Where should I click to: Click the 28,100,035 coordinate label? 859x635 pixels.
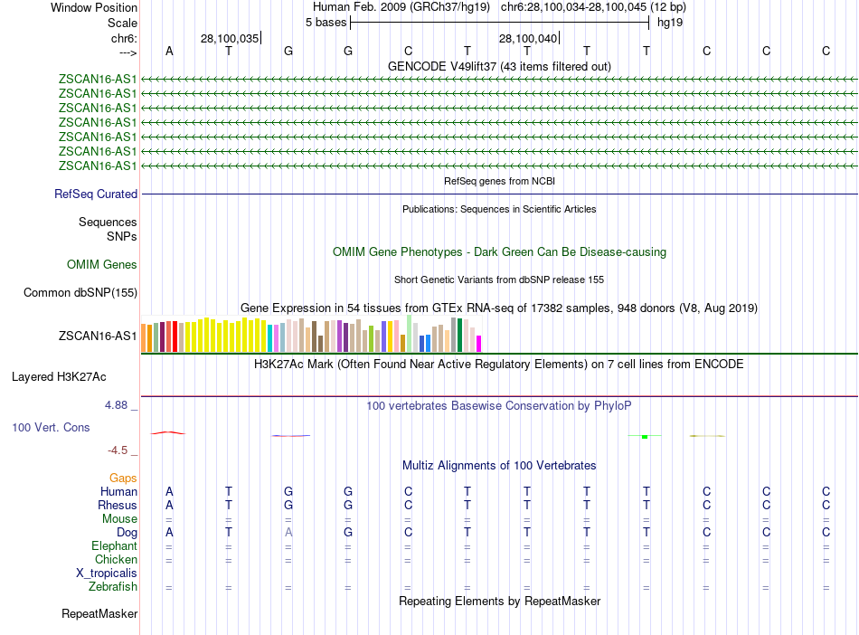point(230,38)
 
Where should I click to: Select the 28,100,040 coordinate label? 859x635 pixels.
point(528,38)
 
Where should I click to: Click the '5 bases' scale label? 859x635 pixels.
point(326,23)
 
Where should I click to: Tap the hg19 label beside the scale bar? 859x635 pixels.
point(670,23)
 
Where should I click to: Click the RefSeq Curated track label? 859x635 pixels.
point(96,194)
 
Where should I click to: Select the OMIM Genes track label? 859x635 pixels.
point(102,264)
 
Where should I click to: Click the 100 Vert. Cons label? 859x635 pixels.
point(51,427)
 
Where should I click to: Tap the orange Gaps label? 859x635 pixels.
point(123,478)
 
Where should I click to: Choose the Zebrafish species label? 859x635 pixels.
point(113,587)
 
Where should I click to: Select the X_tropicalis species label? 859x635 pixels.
point(107,573)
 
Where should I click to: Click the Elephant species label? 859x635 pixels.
point(114,546)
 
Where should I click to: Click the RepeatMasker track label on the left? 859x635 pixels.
point(99,614)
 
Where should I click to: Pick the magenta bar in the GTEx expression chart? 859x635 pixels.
point(479,343)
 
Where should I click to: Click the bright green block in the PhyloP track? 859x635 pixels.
point(645,437)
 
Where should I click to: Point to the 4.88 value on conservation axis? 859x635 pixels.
point(117,404)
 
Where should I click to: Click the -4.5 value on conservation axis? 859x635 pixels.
point(118,450)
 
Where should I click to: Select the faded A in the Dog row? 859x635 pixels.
point(288,533)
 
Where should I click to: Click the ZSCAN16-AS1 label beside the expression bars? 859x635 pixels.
point(98,336)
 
